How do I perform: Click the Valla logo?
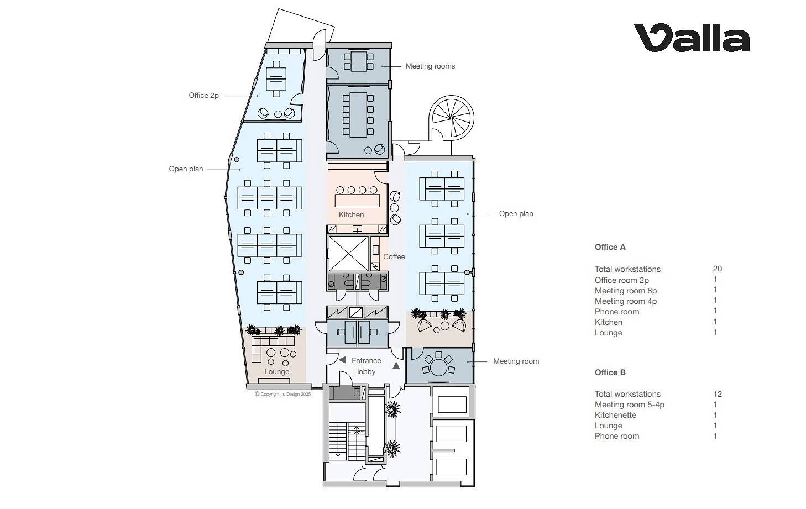691,38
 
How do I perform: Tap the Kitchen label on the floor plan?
351,215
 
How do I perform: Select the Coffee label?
394,257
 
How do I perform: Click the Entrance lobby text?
367,366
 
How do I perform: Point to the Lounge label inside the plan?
277,372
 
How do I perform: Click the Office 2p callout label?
203,95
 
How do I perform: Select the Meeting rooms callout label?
430,66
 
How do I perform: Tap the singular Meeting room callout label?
516,361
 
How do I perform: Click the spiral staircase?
451,118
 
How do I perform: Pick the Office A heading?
610,247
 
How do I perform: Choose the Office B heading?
610,372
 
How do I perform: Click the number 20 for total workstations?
717,269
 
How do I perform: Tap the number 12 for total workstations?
717,394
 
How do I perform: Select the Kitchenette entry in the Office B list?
615,415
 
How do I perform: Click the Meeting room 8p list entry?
625,291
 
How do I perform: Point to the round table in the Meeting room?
438,368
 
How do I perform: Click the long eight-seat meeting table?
358,115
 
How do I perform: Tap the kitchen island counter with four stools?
357,201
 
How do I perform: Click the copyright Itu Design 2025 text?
283,394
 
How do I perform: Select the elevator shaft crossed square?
349,254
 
